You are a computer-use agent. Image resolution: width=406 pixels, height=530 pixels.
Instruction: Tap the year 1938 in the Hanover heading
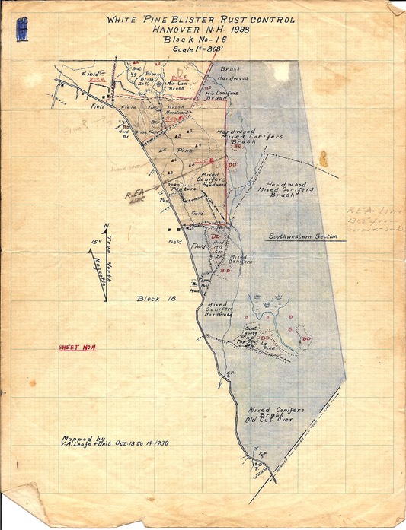click(x=234, y=30)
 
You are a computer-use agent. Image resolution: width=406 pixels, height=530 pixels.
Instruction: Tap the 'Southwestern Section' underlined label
click(x=302, y=236)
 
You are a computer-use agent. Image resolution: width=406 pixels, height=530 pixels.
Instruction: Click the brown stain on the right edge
click(x=324, y=159)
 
